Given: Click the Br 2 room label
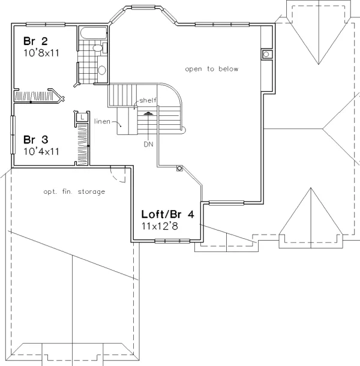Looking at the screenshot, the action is click(x=35, y=41).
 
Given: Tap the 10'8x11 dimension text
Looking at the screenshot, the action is click(x=41, y=53).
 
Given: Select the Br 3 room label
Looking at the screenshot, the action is click(x=36, y=140).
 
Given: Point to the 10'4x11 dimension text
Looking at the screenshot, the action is click(x=41, y=151).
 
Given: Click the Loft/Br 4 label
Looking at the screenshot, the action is click(x=167, y=214).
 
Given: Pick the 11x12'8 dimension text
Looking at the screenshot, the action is click(x=160, y=226).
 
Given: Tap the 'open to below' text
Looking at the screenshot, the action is click(x=212, y=69).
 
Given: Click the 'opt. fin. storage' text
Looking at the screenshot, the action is click(x=74, y=191).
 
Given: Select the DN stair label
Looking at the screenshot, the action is click(x=148, y=144).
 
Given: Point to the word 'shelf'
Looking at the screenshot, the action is click(x=148, y=100).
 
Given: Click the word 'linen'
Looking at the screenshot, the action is click(x=102, y=121).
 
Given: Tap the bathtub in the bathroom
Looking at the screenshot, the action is click(x=94, y=33).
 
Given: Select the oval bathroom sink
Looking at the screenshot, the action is click(x=102, y=70).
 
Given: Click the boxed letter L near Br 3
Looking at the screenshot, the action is click(x=82, y=117).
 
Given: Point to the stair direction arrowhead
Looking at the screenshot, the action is click(x=148, y=113).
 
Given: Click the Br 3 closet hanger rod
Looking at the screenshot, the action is click(x=88, y=144).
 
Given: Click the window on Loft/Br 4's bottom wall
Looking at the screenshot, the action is click(x=172, y=241).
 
